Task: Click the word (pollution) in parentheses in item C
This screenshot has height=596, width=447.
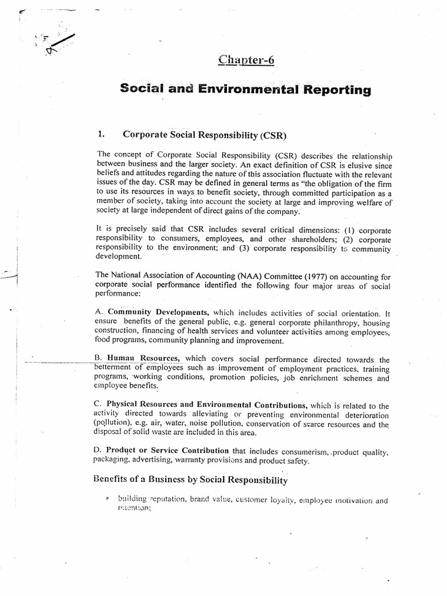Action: [x=113, y=423]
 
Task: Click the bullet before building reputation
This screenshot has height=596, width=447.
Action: [x=108, y=499]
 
